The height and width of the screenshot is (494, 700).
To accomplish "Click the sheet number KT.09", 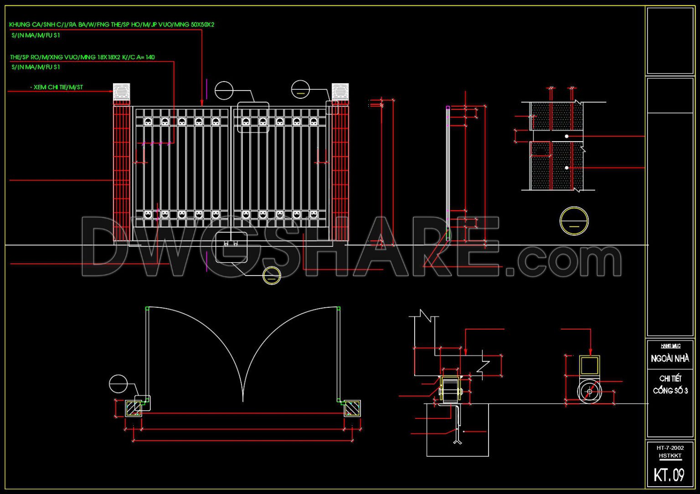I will pos(669,475).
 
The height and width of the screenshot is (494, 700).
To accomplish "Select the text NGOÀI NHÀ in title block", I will pos(670,359).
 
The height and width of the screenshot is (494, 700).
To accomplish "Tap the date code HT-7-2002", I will pos(670,448).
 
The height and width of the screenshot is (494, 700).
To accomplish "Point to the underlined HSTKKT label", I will pos(670,455).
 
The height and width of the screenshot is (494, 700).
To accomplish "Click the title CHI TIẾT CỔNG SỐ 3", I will pos(670,384).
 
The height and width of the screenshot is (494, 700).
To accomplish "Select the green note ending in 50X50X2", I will pos(112,25).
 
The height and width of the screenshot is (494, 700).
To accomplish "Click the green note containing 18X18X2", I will pos(82,57).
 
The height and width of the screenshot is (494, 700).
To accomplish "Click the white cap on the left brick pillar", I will pos(121,92).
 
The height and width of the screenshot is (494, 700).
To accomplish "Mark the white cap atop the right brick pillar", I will pos(340,92).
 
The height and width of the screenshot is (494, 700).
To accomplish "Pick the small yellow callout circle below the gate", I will pos(272,275).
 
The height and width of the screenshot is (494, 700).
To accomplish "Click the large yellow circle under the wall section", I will pos(574,221).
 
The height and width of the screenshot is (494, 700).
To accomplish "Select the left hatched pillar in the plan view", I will pos(134,408).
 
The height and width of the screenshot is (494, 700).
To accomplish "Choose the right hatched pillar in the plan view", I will pos(352,408).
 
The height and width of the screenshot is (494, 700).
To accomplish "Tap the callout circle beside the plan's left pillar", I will pos(118,384).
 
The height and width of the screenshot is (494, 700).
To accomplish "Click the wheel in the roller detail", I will pos(589,392).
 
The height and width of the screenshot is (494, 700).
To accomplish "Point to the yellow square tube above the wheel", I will pos(589,366).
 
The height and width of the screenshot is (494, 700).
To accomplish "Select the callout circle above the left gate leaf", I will pos(224,91).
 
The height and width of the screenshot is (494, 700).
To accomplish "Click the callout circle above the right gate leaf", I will pos(300,89).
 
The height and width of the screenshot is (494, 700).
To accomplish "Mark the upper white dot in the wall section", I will pos(566,136).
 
